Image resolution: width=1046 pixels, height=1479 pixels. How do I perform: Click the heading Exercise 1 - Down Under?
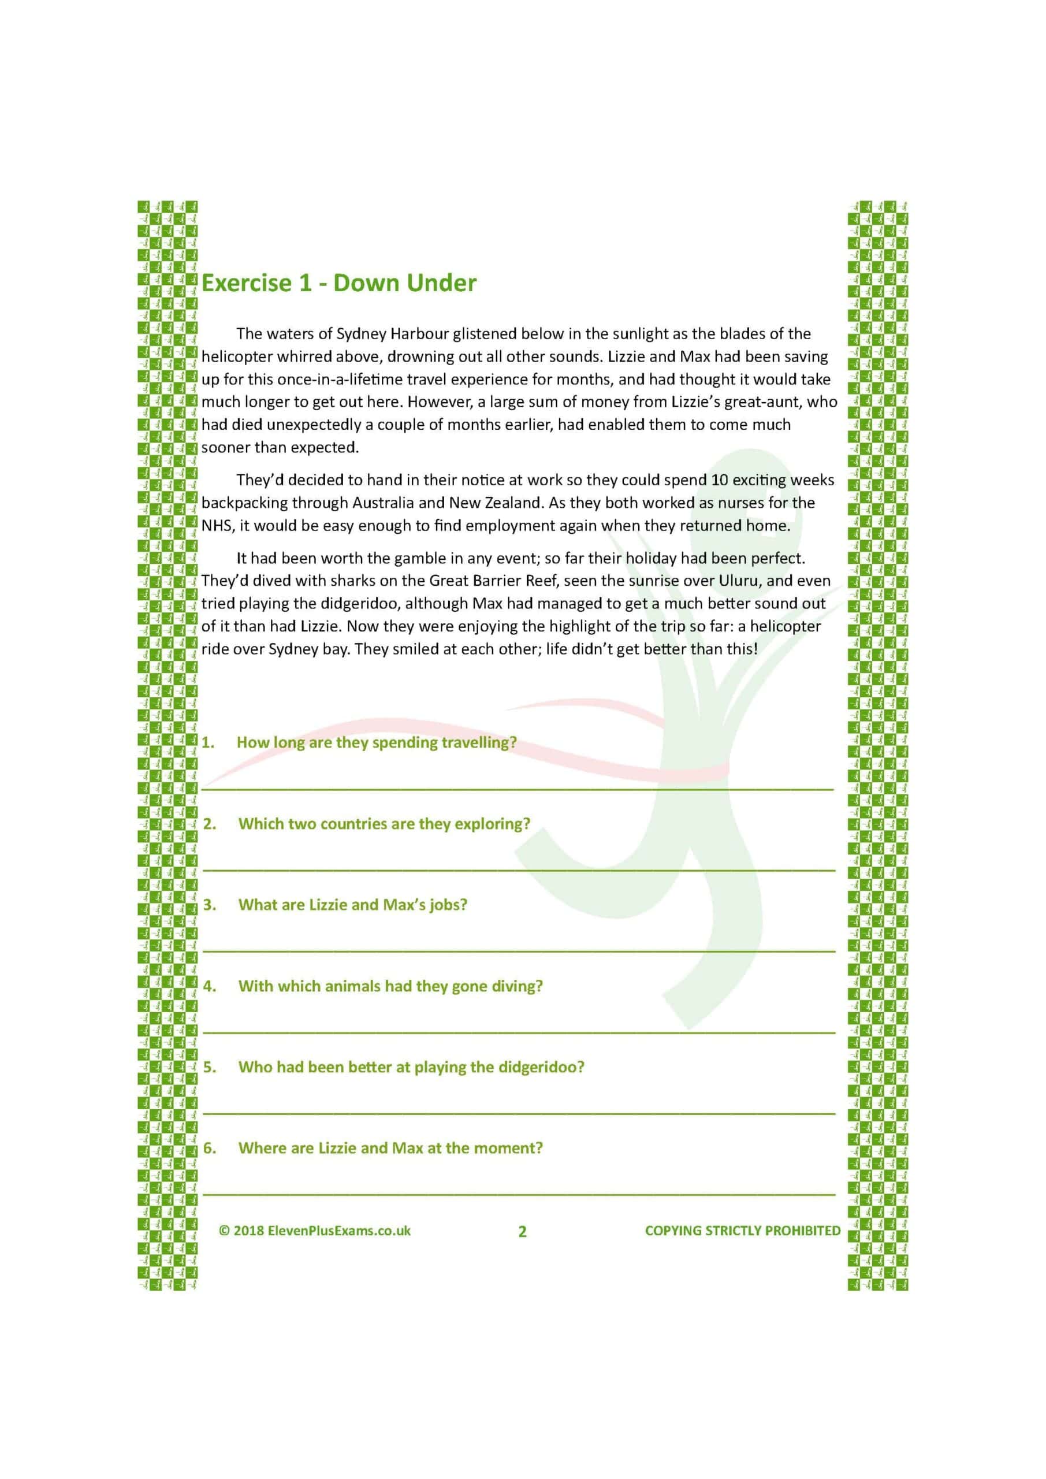[x=339, y=284]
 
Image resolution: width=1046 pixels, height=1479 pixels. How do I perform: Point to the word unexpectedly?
[x=314, y=425]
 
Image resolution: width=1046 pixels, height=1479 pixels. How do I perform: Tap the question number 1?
[x=207, y=743]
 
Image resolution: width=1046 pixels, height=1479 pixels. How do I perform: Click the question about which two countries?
[x=384, y=824]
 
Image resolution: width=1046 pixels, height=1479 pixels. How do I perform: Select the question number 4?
[x=209, y=986]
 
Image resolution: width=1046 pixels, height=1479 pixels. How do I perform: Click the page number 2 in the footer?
[x=522, y=1232]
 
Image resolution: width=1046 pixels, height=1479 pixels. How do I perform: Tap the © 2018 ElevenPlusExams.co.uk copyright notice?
[x=315, y=1231]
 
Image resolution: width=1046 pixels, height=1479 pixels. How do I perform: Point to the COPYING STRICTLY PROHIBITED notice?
[x=743, y=1231]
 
